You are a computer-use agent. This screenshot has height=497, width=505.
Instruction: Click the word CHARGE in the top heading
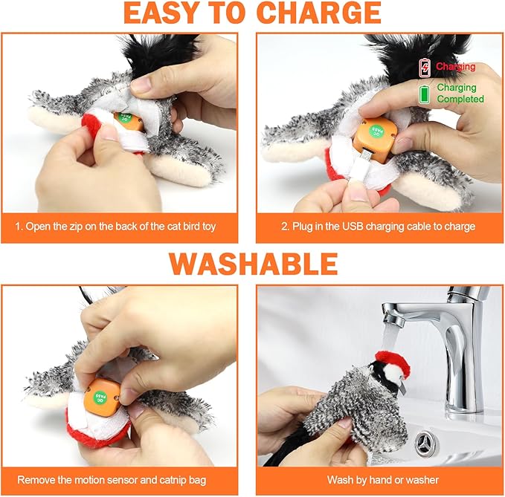319,13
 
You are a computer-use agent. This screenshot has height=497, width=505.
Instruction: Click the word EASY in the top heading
157,13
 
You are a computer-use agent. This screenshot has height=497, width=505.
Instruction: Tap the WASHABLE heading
253,264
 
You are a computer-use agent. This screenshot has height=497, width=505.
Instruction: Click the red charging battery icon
425,68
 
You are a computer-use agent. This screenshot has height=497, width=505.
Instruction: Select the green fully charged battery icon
425,94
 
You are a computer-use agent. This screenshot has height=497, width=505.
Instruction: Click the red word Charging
455,67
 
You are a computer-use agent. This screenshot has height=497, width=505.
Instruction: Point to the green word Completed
460,99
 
